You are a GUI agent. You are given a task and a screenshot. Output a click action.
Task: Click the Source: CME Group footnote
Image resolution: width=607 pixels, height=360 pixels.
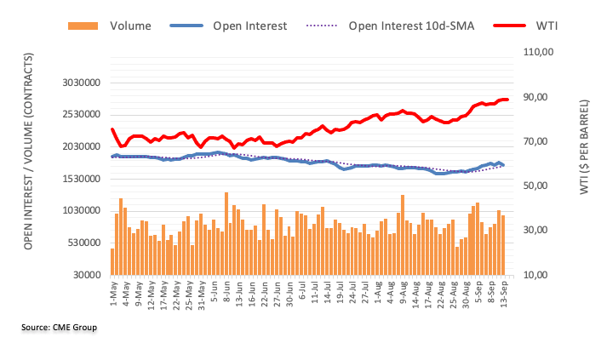point(60,328)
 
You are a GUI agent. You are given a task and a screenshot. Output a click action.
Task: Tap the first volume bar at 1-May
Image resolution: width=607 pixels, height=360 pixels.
point(112,261)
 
